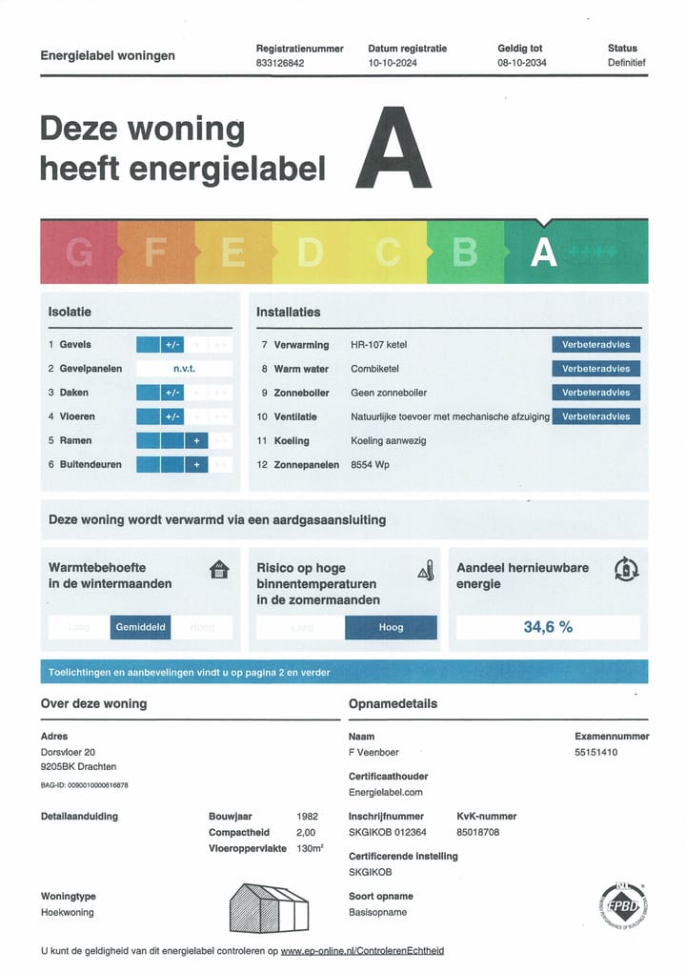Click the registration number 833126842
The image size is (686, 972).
281,63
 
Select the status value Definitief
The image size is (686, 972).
626,63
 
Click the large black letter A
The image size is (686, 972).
393,149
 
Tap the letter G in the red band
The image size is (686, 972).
79,253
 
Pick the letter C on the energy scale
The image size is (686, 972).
388,253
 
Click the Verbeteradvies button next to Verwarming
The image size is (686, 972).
595,345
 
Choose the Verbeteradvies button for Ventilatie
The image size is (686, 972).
595,416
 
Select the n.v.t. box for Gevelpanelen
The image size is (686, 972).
184,369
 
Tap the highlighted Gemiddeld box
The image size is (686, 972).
141,627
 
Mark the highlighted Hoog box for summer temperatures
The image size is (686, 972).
391,627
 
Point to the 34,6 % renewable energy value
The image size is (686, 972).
548,627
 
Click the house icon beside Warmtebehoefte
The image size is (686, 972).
219,570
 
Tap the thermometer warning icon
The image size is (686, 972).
426,571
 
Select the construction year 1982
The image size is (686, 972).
308,817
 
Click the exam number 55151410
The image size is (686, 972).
596,753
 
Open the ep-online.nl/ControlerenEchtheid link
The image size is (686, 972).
362,951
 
